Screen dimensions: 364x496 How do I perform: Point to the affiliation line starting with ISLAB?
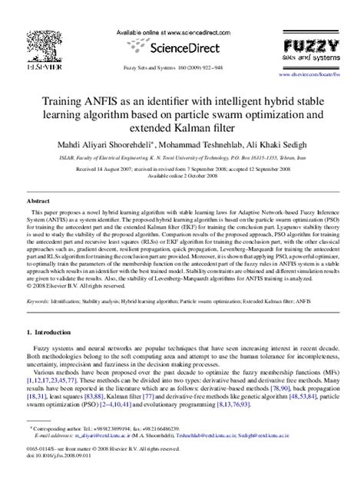[181, 158]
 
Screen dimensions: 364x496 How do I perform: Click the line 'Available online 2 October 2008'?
[181, 174]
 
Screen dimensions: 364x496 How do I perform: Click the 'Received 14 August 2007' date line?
[181, 168]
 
